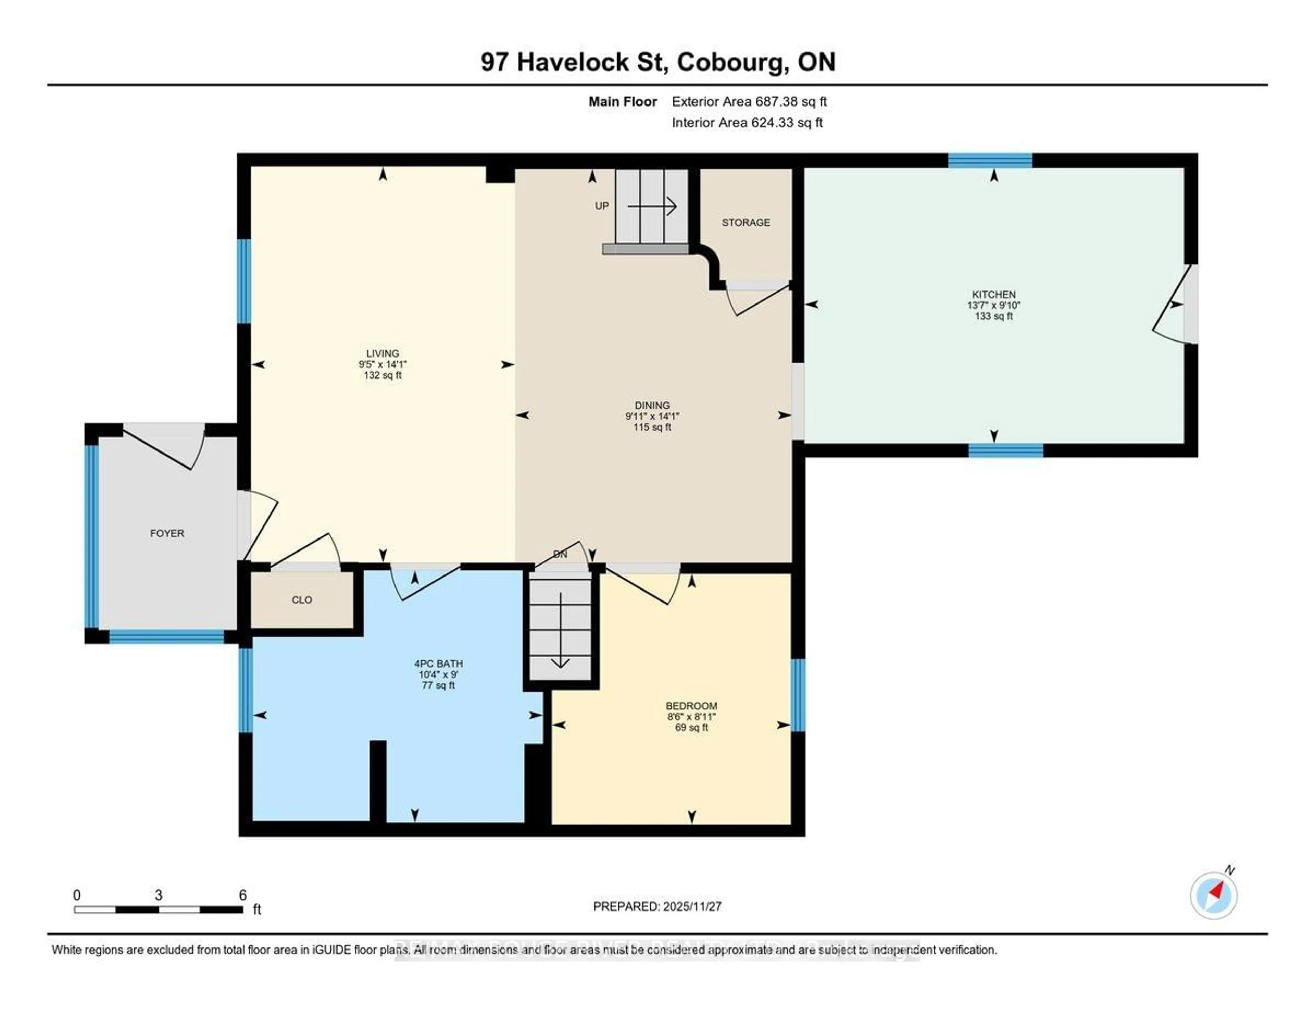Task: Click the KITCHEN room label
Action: (x=993, y=295)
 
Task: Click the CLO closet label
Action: (x=302, y=600)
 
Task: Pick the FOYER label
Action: (x=167, y=534)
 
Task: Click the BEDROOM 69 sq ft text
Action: (x=691, y=728)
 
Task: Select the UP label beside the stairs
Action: (x=601, y=206)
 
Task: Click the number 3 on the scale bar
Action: (x=158, y=895)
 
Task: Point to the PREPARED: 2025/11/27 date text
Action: (x=657, y=906)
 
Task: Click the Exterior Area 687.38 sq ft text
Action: (x=749, y=102)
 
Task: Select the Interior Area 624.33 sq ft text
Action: (x=747, y=123)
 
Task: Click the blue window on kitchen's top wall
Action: (x=990, y=160)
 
